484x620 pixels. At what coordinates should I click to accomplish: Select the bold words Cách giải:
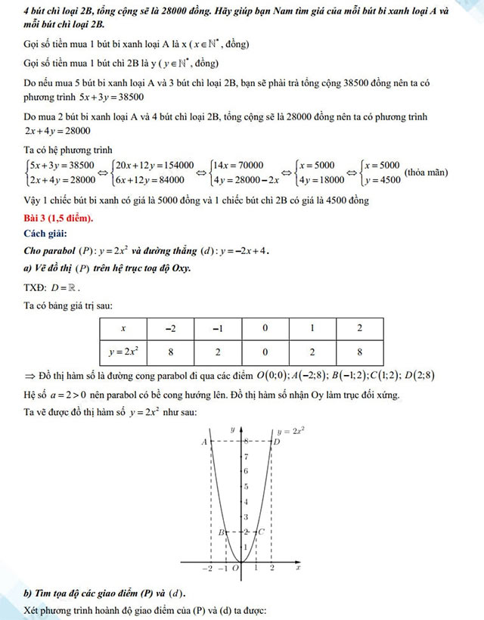point(45,234)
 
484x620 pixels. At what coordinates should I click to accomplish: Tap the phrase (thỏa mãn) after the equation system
point(426,172)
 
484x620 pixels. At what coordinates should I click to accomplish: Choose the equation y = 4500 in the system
point(380,180)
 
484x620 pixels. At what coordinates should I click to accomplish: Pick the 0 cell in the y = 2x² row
point(265,352)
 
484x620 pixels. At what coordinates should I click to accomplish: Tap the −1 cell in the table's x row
point(217,329)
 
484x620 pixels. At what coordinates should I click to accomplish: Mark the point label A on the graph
point(203,442)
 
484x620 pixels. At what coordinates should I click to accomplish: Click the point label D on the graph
point(277,442)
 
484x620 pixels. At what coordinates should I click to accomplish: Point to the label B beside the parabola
point(220,533)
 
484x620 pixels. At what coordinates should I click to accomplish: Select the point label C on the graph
point(261,532)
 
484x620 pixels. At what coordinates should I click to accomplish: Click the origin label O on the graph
point(235,568)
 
